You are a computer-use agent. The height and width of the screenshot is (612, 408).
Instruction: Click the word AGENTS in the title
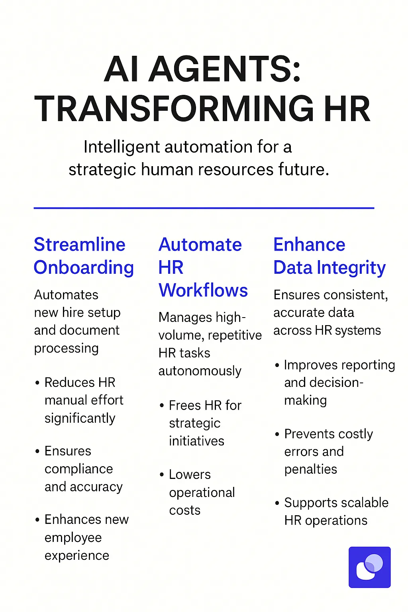(222, 69)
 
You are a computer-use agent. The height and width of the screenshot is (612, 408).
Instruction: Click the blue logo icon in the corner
(369, 567)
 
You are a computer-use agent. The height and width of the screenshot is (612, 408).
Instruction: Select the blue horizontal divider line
(204, 208)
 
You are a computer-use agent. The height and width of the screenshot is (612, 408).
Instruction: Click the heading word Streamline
(80, 245)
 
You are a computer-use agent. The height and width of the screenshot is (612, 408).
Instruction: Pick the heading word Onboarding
(84, 268)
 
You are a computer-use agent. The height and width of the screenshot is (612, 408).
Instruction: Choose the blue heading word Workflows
(203, 290)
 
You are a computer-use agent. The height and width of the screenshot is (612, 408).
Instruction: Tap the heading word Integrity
(351, 268)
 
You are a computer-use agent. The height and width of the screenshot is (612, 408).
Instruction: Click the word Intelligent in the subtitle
(122, 147)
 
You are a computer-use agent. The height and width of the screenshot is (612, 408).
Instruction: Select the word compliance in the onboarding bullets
(79, 469)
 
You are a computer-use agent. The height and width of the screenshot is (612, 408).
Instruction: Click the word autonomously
(200, 371)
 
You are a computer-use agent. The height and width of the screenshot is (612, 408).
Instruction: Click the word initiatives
(196, 441)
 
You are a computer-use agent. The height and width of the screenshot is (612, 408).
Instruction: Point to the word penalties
(310, 469)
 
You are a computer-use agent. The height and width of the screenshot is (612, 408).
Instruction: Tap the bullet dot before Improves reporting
(277, 365)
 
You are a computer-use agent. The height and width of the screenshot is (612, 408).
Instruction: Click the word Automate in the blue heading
(200, 245)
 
